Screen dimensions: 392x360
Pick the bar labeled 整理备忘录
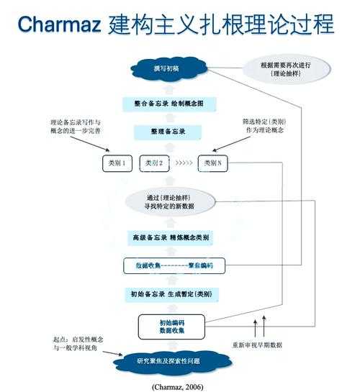174,133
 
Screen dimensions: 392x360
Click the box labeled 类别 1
117,164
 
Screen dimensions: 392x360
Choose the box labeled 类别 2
156,164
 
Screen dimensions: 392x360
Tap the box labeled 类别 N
217,164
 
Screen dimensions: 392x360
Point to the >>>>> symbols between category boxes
185,164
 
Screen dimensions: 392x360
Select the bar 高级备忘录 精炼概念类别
174,237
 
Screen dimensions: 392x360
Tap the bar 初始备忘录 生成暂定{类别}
174,294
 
